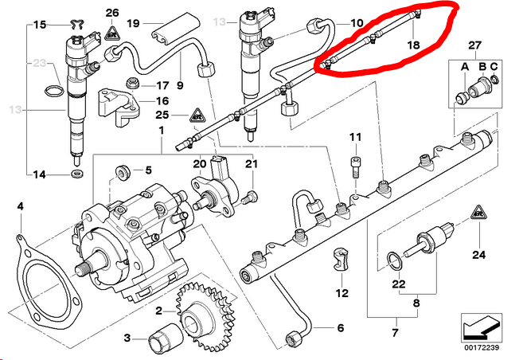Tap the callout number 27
(x=476, y=45)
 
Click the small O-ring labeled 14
(x=76, y=172)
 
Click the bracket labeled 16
(x=115, y=105)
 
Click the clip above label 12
(x=338, y=259)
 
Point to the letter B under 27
(x=481, y=65)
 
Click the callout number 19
(x=132, y=23)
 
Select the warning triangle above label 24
(x=479, y=213)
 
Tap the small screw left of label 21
(x=249, y=194)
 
